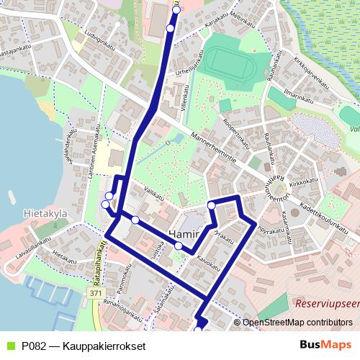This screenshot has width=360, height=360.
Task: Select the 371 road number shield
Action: (96, 294)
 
